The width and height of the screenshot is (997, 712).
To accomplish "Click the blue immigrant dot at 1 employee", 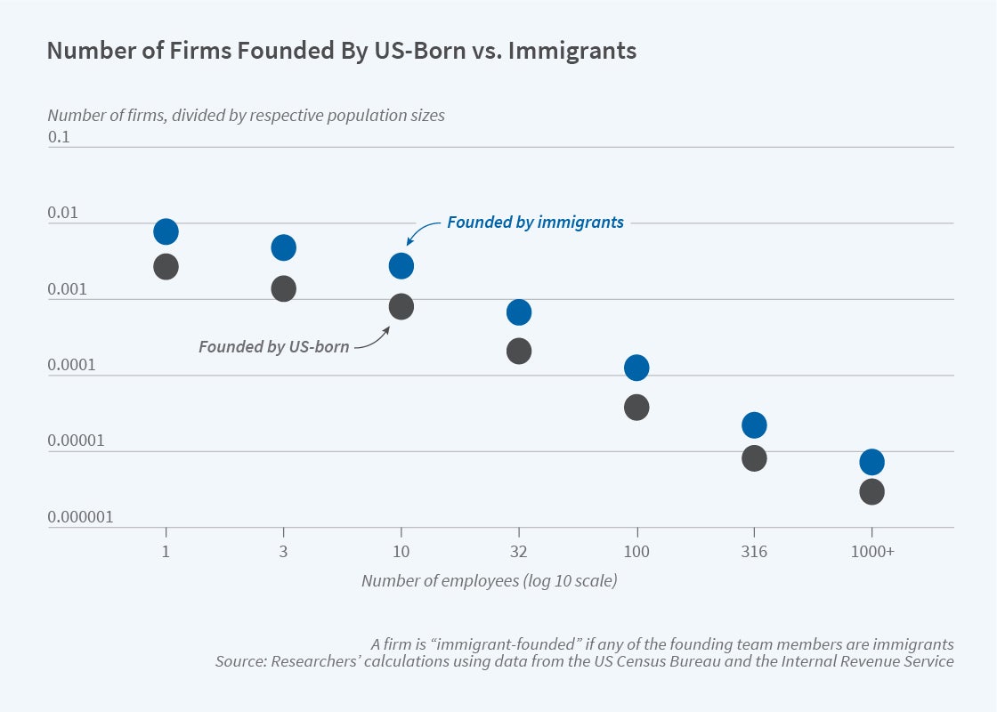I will tap(166, 232).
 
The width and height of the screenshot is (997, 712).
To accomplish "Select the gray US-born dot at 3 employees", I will tap(283, 288).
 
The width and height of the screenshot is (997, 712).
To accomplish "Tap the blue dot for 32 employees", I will tap(519, 312).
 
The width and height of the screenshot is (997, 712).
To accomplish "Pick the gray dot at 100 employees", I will tap(636, 408).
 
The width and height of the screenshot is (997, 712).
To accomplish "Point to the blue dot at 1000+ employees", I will tap(871, 462).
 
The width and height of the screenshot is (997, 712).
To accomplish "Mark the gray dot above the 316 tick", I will tap(754, 458).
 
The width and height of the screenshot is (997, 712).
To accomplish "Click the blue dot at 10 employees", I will tap(401, 265).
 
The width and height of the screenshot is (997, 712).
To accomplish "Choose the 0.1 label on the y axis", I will tap(59, 138).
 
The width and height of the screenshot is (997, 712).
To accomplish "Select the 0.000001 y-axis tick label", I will tap(80, 517).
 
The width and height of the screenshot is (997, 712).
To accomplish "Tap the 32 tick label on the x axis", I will tap(519, 552).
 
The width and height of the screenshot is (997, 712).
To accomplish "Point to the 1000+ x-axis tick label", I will tap(872, 552).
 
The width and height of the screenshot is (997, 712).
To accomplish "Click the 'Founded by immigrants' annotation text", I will tap(535, 222).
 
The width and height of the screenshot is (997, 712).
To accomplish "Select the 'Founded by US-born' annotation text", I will tap(273, 346).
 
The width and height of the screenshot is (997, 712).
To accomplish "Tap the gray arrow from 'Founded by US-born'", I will tap(374, 339).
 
